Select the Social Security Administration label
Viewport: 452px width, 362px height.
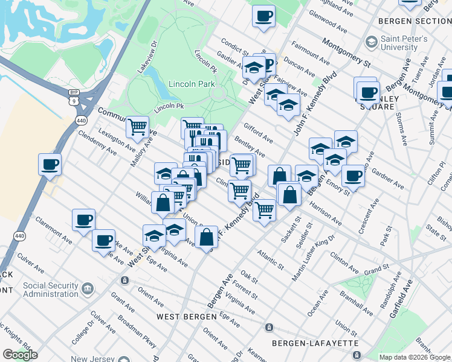pyautogui.click(x=51, y=289)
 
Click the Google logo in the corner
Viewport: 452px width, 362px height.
pyautogui.click(x=20, y=355)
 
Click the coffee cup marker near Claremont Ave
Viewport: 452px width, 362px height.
pyautogui.click(x=84, y=220)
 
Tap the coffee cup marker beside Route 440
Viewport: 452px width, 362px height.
pyautogui.click(x=50, y=164)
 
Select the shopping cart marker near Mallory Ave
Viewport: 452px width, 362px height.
pyautogui.click(x=138, y=127)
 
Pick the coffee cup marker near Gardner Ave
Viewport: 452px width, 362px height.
pyautogui.click(x=354, y=176)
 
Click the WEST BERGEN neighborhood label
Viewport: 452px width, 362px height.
pyautogui.click(x=186, y=317)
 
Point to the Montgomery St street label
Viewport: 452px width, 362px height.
pyautogui.click(x=346, y=52)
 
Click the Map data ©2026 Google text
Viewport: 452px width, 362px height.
pyautogui.click(x=414, y=357)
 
